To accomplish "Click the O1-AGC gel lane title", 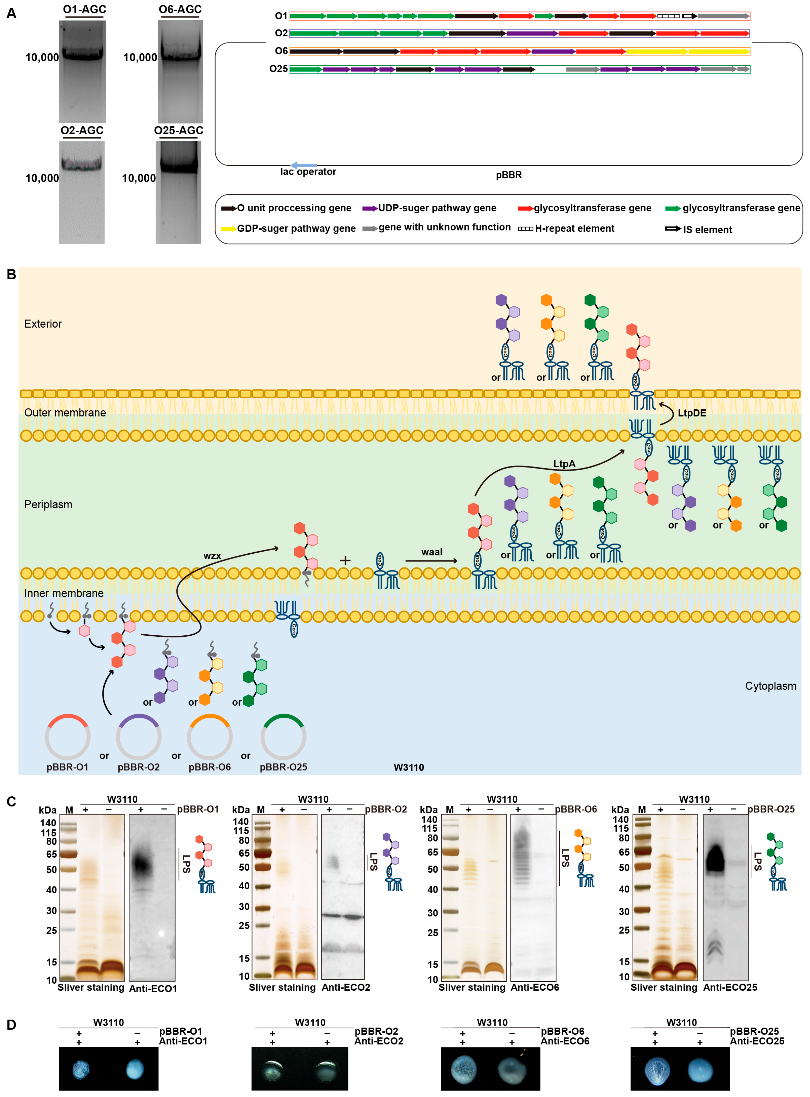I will (x=84, y=9).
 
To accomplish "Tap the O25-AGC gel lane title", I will (x=178, y=130).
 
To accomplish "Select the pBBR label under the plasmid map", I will (x=509, y=175).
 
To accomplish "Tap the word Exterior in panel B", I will (x=43, y=324).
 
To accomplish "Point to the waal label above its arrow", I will (x=431, y=552).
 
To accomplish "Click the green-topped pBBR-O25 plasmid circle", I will (x=283, y=737).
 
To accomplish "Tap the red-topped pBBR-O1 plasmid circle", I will (x=67, y=737).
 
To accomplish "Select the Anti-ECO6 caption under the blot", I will (x=534, y=987).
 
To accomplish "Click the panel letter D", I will (x=11, y=1025).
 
